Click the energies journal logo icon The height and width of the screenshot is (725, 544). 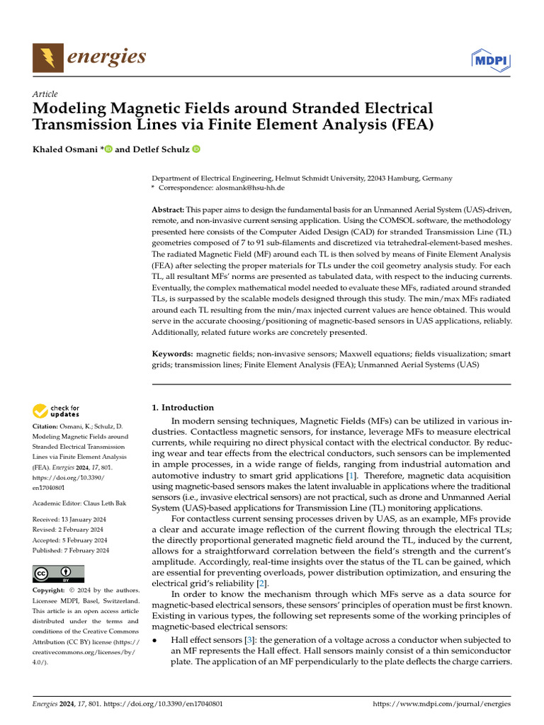click(47, 57)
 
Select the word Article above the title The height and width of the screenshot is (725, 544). click(45, 94)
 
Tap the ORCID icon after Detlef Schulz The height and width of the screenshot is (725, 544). click(195, 149)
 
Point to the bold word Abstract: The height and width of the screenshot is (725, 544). click(168, 211)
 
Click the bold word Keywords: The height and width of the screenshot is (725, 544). click(173, 353)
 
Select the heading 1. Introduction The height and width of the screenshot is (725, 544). click(183, 408)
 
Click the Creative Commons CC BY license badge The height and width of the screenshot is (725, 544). click(58, 573)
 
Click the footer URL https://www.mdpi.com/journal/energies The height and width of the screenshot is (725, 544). click(441, 704)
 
